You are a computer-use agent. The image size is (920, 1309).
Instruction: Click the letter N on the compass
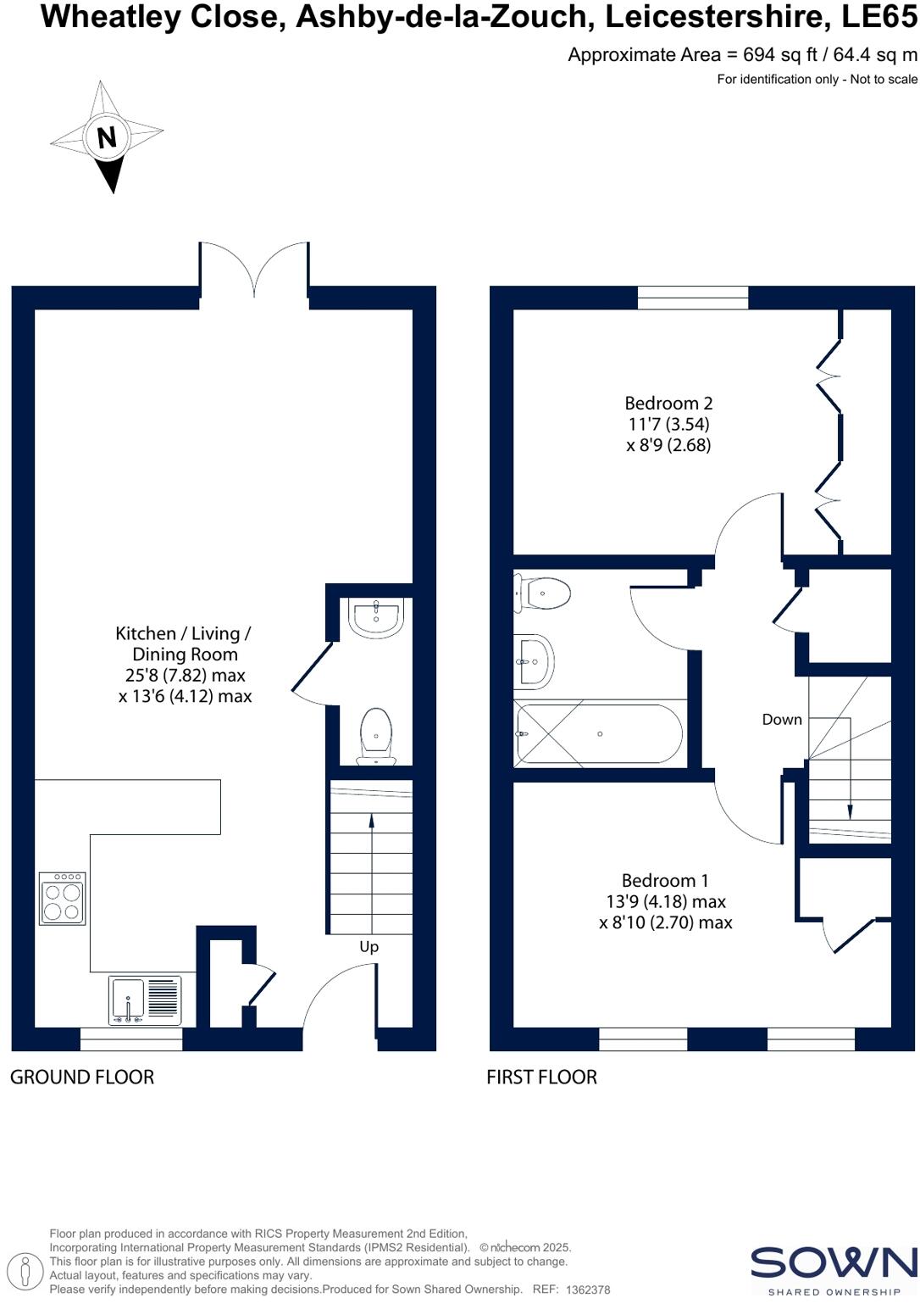(x=107, y=136)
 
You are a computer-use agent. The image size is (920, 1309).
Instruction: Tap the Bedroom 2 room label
(x=668, y=404)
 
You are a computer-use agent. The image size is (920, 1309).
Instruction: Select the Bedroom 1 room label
(x=665, y=881)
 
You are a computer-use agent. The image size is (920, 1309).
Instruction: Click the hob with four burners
(x=63, y=899)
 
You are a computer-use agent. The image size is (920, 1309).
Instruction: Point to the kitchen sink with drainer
(x=145, y=1000)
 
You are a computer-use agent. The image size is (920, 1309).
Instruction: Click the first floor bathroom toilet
(x=542, y=593)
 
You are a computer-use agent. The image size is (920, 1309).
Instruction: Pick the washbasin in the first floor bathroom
(x=534, y=661)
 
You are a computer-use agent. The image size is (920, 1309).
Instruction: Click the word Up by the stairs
(x=369, y=947)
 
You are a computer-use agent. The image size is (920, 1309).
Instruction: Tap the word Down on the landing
(x=781, y=720)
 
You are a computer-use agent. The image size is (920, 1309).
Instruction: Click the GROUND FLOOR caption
(x=82, y=1078)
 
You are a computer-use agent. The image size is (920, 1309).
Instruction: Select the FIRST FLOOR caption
(x=541, y=1078)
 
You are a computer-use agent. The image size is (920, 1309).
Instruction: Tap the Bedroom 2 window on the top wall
(x=693, y=298)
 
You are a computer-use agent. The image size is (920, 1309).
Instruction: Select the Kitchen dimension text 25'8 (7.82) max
(x=185, y=676)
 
